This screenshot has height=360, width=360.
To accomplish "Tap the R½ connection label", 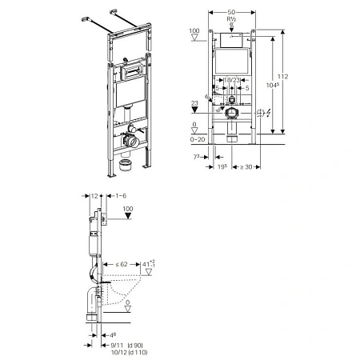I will click(x=232, y=25).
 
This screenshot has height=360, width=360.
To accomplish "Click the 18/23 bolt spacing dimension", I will click(x=231, y=81).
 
